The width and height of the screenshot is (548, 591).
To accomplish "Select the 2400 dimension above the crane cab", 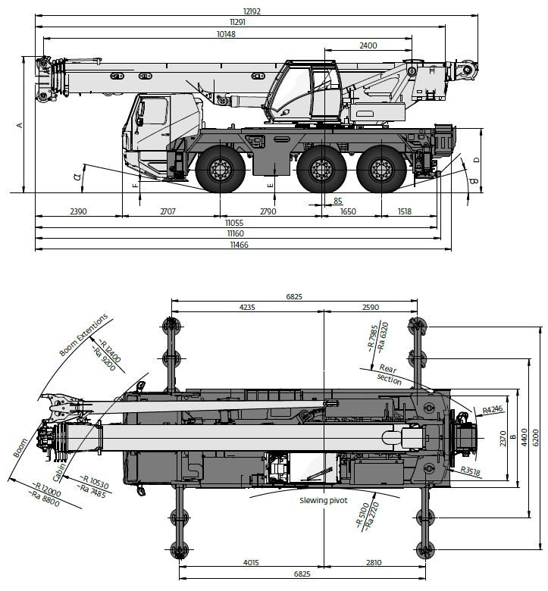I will click(x=368, y=45).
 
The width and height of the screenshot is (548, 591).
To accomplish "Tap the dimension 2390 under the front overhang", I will click(x=79, y=211).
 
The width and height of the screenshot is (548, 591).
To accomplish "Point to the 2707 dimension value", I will click(x=168, y=211).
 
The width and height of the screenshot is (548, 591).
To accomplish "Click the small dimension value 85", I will click(x=338, y=201).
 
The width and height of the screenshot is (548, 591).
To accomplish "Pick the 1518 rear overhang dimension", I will click(x=406, y=211).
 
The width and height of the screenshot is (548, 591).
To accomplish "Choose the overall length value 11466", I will click(x=237, y=245).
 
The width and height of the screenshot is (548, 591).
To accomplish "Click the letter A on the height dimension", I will click(x=20, y=125).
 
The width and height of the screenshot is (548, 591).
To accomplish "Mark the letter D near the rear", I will click(x=475, y=159).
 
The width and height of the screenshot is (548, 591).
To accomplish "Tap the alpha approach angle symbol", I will click(x=77, y=177).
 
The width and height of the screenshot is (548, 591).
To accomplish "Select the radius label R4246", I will click(x=493, y=410).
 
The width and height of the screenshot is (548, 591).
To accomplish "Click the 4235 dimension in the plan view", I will click(x=247, y=308).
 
